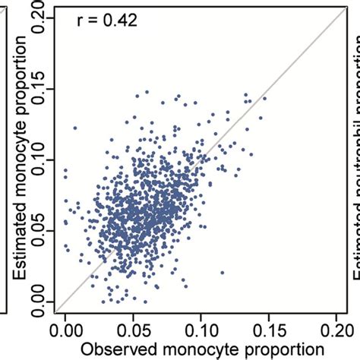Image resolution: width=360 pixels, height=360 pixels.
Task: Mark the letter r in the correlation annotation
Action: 81,22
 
